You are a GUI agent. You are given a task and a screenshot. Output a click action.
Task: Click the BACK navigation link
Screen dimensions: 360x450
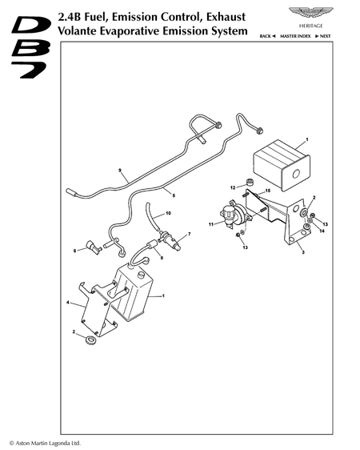pos(267,36)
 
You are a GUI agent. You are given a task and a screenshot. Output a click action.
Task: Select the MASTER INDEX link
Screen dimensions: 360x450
pos(295,36)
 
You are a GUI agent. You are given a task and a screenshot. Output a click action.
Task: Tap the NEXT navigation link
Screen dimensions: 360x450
pos(323,36)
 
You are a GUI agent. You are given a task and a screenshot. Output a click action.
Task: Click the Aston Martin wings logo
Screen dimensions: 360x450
pos(310,14)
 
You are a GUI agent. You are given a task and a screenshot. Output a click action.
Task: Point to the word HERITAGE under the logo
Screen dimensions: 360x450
pos(311,26)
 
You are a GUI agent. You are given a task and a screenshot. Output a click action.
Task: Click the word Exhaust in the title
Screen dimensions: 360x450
pos(226,18)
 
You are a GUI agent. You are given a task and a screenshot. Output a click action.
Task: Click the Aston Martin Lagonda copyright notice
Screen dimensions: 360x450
pos(45,443)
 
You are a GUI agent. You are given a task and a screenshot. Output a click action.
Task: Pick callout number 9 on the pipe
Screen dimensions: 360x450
pos(120,171)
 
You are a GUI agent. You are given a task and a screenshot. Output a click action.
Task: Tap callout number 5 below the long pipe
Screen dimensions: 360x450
pos(174,195)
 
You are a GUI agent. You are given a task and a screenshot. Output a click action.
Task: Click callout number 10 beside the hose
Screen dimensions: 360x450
pos(168,213)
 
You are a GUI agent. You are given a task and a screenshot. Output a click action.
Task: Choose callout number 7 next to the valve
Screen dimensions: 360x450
pos(189,234)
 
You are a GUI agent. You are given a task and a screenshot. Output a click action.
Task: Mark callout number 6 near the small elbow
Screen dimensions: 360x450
pos(75,251)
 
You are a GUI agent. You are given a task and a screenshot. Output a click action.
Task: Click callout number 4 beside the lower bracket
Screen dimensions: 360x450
pos(68,303)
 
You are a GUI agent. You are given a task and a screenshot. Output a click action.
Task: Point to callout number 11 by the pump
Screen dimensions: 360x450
pos(211,224)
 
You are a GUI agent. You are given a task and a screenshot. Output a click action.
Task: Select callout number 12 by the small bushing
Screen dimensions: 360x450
pos(233,187)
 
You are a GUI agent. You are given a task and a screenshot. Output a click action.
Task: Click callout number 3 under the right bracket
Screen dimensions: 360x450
pos(303,252)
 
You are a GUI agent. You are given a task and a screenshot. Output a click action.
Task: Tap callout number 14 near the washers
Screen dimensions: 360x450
pos(322,231)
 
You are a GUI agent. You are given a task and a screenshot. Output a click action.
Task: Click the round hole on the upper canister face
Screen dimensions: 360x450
pos(295,174)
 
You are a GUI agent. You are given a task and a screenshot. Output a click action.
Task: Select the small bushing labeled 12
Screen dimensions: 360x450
pos(250,182)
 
